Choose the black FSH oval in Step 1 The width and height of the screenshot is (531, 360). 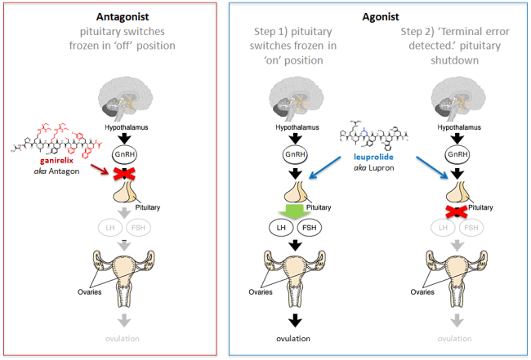[x=309, y=228]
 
